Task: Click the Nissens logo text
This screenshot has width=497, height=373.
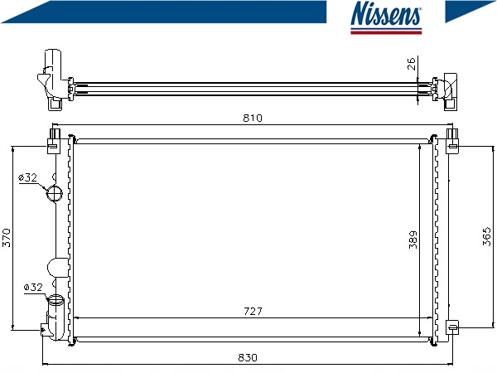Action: pos(386,14)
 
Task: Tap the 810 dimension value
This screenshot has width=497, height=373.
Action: pos(253,118)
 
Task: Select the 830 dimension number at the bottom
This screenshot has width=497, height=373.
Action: pos(248,358)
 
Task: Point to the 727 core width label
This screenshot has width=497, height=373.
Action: pos(253,312)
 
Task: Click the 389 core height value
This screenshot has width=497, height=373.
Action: pos(413,240)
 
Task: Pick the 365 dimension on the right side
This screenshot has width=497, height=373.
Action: pos(486,236)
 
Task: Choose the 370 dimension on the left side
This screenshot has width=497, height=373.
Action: pos(7,238)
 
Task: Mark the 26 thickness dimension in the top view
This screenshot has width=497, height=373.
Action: pos(411,64)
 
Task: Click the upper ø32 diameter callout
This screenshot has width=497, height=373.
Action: pos(27,177)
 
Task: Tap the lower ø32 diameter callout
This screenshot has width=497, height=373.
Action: pos(33,288)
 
